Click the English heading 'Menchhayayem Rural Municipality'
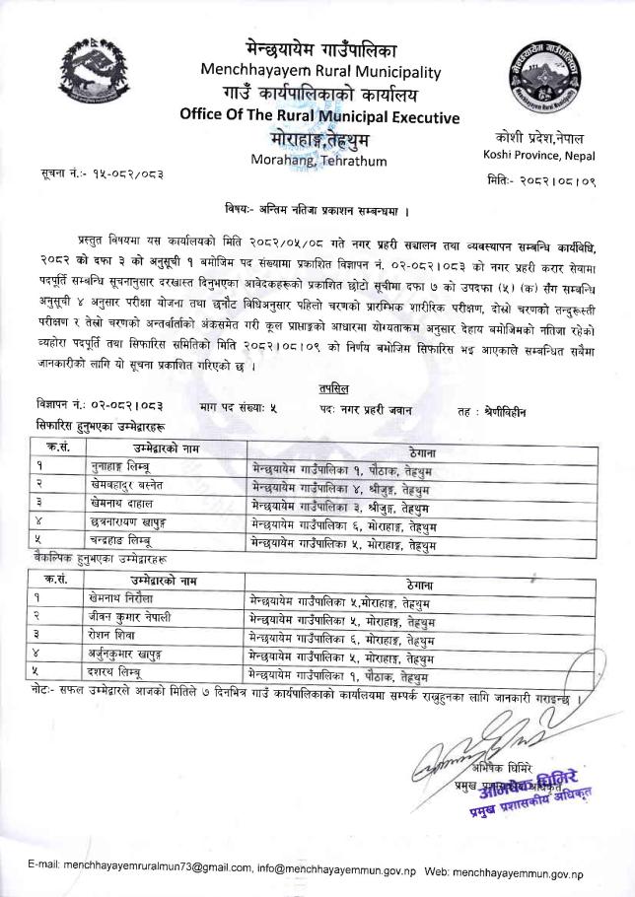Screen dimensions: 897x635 [x=319, y=71]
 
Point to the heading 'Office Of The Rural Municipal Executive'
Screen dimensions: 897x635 [x=319, y=116]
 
